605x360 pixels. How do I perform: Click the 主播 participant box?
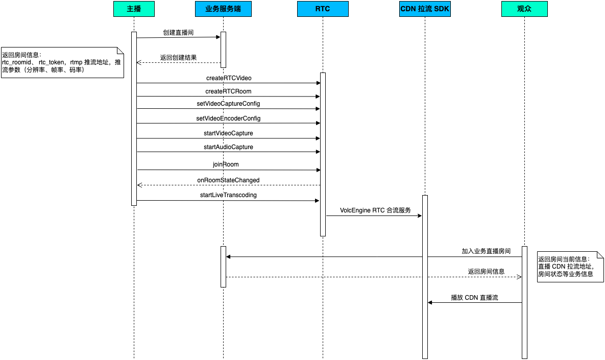pyautogui.click(x=134, y=9)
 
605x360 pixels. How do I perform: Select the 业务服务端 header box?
pyautogui.click(x=223, y=9)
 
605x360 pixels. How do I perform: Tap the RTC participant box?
pyautogui.click(x=323, y=9)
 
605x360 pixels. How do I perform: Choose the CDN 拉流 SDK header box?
pyautogui.click(x=425, y=9)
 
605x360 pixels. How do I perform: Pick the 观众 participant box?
pyautogui.click(x=524, y=9)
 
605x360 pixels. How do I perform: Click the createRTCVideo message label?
pyautogui.click(x=229, y=78)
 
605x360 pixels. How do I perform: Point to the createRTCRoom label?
pyautogui.click(x=228, y=91)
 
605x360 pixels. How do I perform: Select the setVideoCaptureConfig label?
pyautogui.click(x=228, y=104)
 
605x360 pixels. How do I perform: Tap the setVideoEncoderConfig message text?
pyautogui.click(x=228, y=118)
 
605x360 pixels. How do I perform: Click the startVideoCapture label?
pyautogui.click(x=228, y=133)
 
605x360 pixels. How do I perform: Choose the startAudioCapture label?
pyautogui.click(x=228, y=147)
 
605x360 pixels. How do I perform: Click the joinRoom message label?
pyautogui.click(x=226, y=164)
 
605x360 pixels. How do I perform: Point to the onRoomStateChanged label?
pyautogui.click(x=228, y=180)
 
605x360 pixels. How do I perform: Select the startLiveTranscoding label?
pyautogui.click(x=228, y=195)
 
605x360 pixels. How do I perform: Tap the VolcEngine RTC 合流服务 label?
pyautogui.click(x=375, y=210)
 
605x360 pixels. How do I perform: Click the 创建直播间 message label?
pyautogui.click(x=178, y=32)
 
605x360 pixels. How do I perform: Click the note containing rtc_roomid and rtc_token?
pyautogui.click(x=62, y=62)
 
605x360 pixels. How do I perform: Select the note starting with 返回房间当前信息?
pyautogui.click(x=570, y=267)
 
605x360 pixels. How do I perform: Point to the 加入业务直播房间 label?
pyautogui.click(x=486, y=251)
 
